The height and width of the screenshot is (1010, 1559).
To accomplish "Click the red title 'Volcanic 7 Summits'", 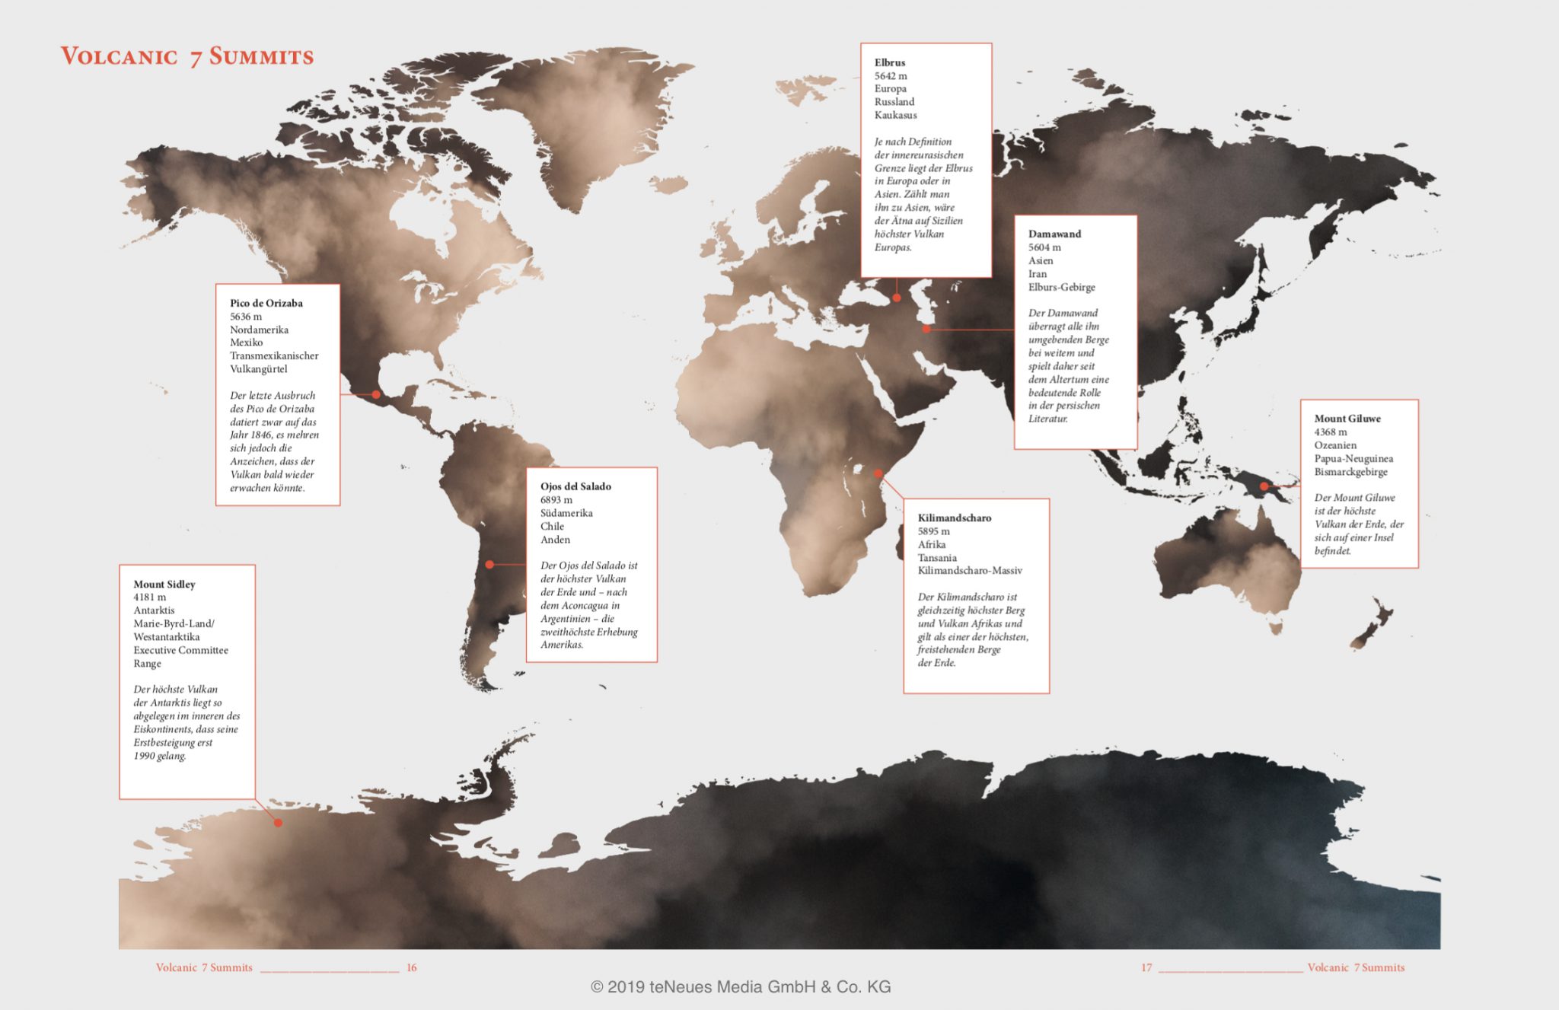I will [x=187, y=56].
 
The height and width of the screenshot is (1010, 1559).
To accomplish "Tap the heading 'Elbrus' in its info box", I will [x=889, y=62].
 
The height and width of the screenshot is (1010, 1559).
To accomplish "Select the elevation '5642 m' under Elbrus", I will [x=891, y=76].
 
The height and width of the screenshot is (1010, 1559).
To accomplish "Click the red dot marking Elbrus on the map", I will [x=897, y=298].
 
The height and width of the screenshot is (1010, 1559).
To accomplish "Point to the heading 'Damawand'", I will [x=1054, y=234].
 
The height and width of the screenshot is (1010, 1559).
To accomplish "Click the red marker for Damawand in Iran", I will [x=926, y=329].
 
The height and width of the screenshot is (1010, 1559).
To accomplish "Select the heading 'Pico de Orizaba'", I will [x=266, y=303].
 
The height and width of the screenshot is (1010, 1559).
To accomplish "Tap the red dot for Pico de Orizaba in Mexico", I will [x=376, y=394].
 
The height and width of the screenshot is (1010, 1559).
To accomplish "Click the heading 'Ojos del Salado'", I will [x=575, y=486].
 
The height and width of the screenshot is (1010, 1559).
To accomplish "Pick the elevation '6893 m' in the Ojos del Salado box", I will [x=556, y=500].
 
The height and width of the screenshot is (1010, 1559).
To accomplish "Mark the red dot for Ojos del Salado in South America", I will [x=489, y=564].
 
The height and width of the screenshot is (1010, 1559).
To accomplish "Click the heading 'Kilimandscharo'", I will [x=955, y=518].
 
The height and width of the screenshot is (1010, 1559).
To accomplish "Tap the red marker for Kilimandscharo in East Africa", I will [x=878, y=473].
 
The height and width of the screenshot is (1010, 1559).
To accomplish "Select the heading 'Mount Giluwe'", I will [x=1347, y=419].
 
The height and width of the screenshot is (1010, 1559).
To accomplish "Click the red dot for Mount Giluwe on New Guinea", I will [x=1264, y=486].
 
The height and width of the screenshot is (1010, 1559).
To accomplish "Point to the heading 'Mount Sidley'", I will [x=164, y=584].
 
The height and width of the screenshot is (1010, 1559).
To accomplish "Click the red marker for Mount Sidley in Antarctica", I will [x=279, y=823].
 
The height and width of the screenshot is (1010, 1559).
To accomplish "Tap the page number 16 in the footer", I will [x=412, y=967].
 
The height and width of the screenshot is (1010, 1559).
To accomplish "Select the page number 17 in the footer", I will [x=1146, y=967].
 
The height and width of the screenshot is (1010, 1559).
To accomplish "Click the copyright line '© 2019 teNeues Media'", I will [x=740, y=987].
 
